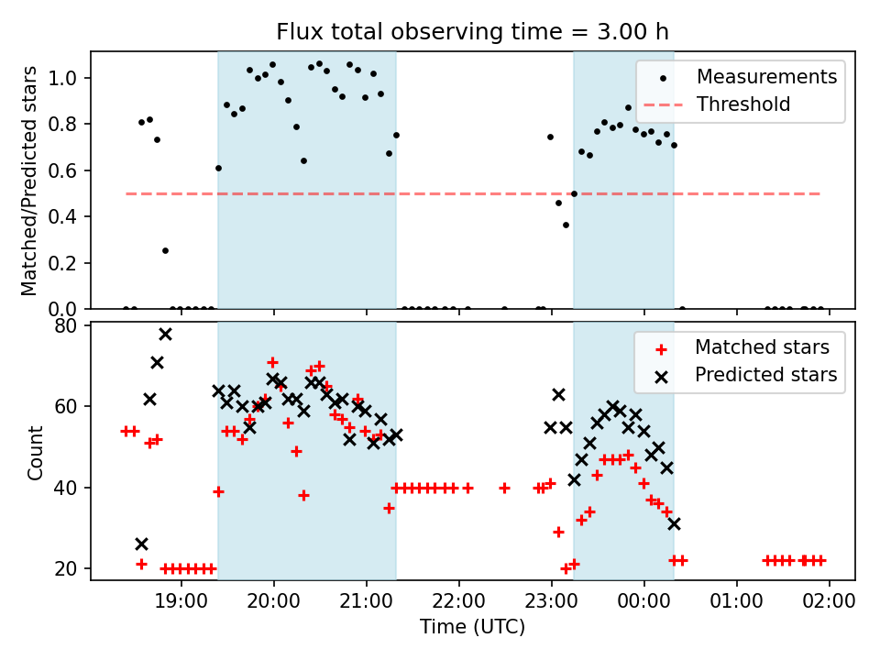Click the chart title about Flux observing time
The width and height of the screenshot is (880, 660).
coord(472,32)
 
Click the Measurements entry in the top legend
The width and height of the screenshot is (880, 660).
coord(766,76)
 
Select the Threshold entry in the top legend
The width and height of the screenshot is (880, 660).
coord(743,104)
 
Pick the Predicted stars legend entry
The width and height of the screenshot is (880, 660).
coord(765,375)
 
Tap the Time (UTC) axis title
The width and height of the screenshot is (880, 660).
coord(472,627)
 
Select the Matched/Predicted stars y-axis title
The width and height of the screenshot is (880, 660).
coord(29,181)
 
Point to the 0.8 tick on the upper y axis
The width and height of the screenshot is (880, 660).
coord(70,125)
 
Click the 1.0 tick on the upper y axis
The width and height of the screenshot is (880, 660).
coord(70,78)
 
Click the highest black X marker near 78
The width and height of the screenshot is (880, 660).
coord(165,334)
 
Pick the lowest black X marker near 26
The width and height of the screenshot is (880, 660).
coord(141,544)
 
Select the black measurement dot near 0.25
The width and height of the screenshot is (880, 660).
coord(165,250)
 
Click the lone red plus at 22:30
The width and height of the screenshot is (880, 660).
coord(504,488)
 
